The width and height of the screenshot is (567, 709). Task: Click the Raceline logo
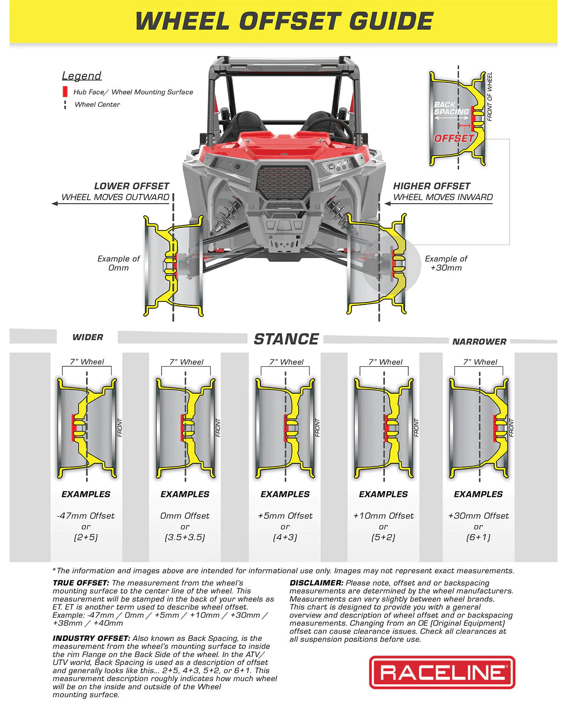coord(442,672)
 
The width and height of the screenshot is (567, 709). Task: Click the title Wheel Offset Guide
coord(284,21)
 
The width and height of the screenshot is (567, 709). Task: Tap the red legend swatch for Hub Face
coord(65,92)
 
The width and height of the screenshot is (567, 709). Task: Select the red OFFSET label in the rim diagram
coord(454,138)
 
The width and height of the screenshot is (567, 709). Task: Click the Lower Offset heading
coord(131,186)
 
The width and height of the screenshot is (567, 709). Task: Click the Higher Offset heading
coord(431,186)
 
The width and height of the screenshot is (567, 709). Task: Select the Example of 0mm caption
coord(119,263)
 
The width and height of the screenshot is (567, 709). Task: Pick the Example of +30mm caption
coord(446,263)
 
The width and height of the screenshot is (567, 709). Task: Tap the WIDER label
coord(87,337)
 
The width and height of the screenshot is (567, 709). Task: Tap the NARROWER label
coord(479,342)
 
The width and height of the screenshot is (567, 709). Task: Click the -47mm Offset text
coord(86,516)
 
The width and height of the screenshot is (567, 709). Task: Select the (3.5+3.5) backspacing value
coord(185,537)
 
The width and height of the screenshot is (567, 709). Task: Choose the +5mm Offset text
coord(285,516)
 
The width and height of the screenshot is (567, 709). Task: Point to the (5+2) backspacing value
coord(383,537)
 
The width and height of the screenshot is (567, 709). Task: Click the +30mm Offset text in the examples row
coord(478,516)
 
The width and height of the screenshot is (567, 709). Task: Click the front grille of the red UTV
coord(284,182)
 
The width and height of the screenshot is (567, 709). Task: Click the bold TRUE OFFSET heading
coord(81,583)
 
